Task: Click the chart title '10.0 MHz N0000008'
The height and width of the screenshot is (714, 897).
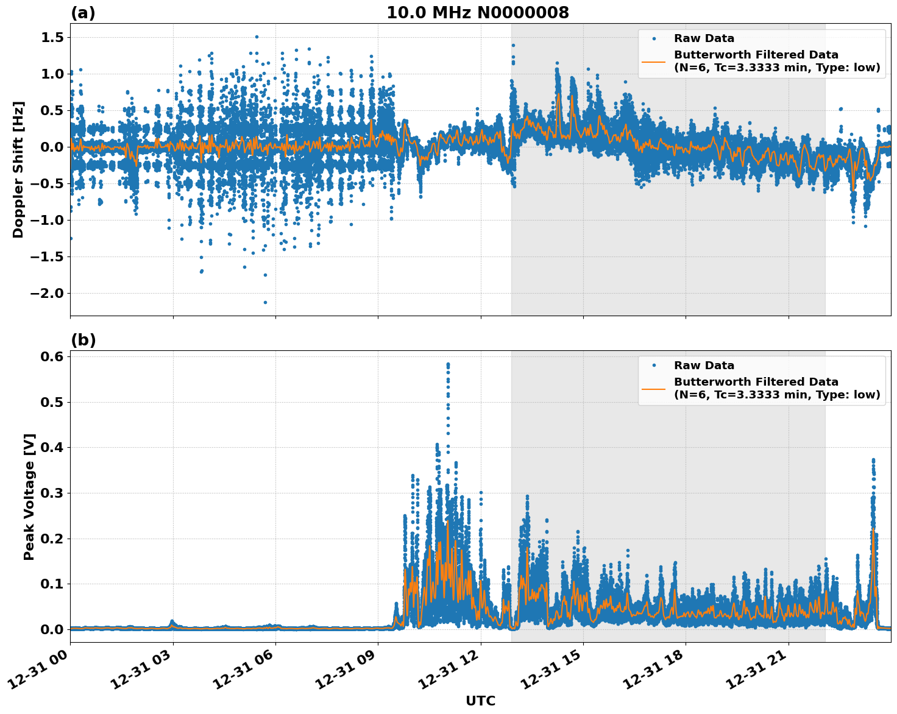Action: [477, 13]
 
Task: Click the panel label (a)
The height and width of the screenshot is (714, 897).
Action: [83, 13]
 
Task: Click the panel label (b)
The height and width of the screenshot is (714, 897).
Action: [83, 340]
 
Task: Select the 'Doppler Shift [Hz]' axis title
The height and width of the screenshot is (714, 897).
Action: [18, 169]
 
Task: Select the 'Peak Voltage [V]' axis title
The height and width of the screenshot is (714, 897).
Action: [29, 497]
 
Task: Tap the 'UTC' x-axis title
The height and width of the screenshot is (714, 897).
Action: [480, 701]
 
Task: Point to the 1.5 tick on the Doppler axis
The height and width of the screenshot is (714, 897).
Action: [51, 38]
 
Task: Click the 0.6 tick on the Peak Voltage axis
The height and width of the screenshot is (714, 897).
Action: [51, 356]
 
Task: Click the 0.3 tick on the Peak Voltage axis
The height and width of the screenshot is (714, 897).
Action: [51, 493]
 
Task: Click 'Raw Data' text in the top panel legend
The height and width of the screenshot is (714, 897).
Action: [704, 38]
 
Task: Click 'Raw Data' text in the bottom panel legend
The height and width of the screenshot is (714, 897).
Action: [704, 366]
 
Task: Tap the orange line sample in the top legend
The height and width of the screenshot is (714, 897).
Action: [654, 61]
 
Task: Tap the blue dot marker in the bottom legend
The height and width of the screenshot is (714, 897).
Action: [654, 366]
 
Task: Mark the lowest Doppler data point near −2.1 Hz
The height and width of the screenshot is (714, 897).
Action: [265, 302]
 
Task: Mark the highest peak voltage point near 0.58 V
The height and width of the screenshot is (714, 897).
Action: [448, 364]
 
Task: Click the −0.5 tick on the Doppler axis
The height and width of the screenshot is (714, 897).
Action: [47, 184]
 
